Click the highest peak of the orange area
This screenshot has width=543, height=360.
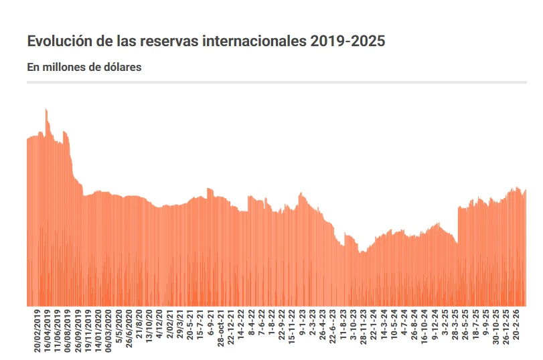(46, 110)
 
